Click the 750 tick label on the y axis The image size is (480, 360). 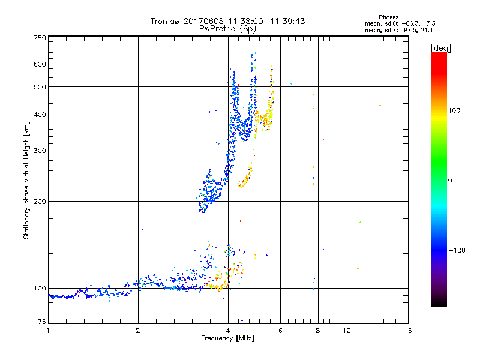click(40, 38)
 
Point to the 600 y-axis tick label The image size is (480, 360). click(40, 64)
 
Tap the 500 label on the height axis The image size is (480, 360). click(40, 87)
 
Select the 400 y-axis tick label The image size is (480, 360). click(40, 115)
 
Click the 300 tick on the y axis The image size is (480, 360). click(40, 151)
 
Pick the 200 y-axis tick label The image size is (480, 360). click(40, 202)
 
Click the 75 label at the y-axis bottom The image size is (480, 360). click(41, 322)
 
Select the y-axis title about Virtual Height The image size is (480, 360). click(26, 180)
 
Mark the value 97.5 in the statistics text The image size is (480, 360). click(412, 29)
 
